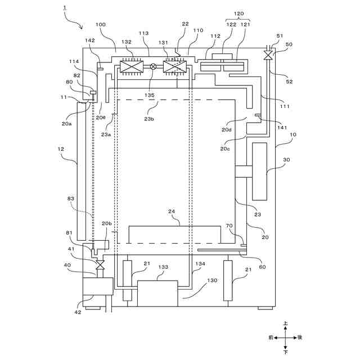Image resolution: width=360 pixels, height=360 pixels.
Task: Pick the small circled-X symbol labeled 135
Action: [152, 67]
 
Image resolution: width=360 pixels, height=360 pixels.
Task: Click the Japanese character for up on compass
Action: [286, 325]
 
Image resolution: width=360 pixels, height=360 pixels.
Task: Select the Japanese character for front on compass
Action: [271, 337]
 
